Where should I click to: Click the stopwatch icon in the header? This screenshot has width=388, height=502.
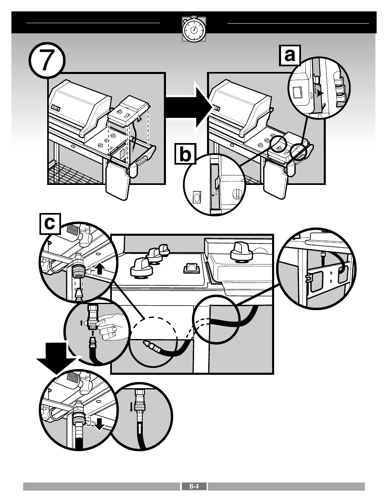tap(194, 29)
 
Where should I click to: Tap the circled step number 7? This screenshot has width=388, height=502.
tap(47, 60)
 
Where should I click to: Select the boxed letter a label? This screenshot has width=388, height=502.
tap(290, 56)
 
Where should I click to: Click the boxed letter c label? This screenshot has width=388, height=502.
tap(50, 224)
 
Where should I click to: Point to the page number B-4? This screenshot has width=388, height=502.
tap(194, 486)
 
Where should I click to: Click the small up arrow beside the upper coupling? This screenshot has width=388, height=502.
tap(100, 268)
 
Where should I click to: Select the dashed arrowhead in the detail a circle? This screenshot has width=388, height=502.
tap(321, 92)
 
